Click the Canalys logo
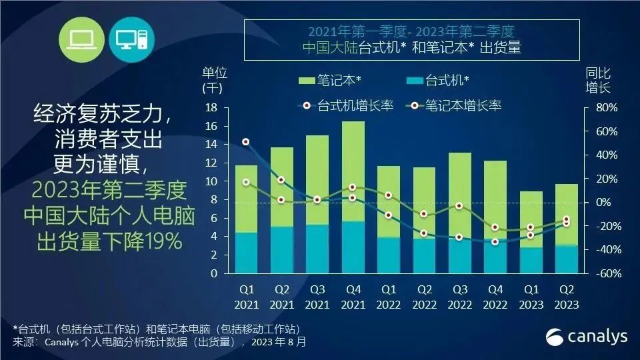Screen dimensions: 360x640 pyautogui.click(x=587, y=336)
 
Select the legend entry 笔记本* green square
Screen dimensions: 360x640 pyautogui.click(x=306, y=81)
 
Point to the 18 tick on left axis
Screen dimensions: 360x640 pyautogui.click(x=212, y=108)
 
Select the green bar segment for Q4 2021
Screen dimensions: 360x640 pyautogui.click(x=353, y=171)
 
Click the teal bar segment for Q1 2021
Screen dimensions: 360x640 pyautogui.click(x=246, y=253)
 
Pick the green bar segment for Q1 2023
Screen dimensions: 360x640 pyautogui.click(x=531, y=219)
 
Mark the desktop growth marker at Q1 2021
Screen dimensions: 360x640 pyautogui.click(x=246, y=142)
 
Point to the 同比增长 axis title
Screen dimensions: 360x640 pyautogui.click(x=597, y=80)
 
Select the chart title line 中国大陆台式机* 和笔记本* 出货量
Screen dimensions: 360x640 pyautogui.click(x=411, y=48)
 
